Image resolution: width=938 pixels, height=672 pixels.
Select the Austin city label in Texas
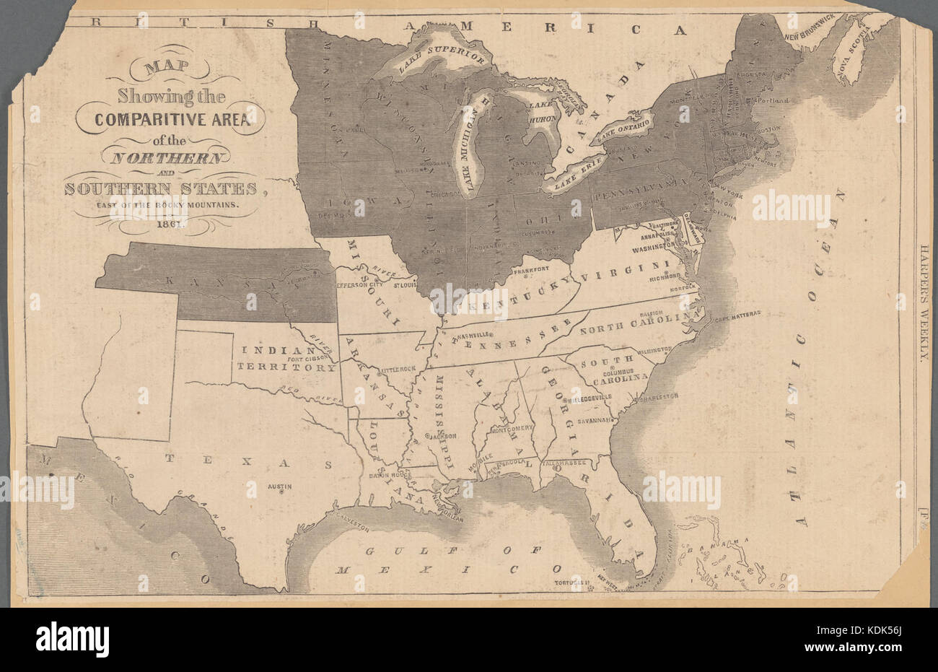tap(279, 486)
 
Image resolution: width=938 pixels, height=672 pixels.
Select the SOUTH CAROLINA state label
tap(610, 368)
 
